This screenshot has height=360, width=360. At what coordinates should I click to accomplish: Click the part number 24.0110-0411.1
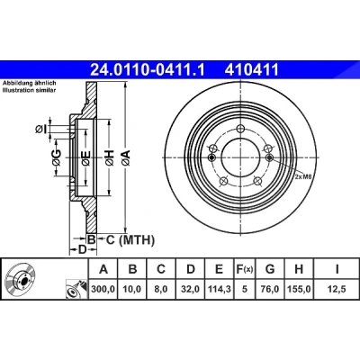(x=148, y=70)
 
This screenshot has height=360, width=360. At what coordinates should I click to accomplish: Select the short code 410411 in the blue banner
(x=252, y=70)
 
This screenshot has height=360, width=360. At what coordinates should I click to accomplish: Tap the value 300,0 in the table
(x=103, y=289)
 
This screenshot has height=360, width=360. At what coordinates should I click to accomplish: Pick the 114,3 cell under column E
(x=219, y=289)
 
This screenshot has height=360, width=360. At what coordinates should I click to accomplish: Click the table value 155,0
(x=299, y=289)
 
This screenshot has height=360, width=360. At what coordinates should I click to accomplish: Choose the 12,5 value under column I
(x=337, y=289)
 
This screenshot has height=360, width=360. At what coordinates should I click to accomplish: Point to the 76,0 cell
(x=270, y=289)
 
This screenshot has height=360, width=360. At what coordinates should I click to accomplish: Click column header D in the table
(x=191, y=269)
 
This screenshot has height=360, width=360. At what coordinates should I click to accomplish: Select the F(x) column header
(x=244, y=269)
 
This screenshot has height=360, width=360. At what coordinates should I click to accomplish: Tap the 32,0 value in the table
(x=191, y=289)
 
